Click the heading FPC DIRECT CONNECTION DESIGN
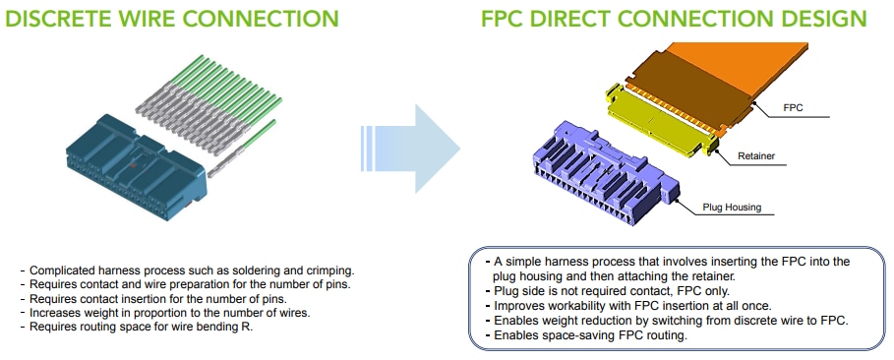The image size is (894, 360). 674,19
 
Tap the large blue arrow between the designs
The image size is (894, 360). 413,147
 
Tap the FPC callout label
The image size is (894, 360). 794,106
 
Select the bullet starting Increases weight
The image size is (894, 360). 168,313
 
